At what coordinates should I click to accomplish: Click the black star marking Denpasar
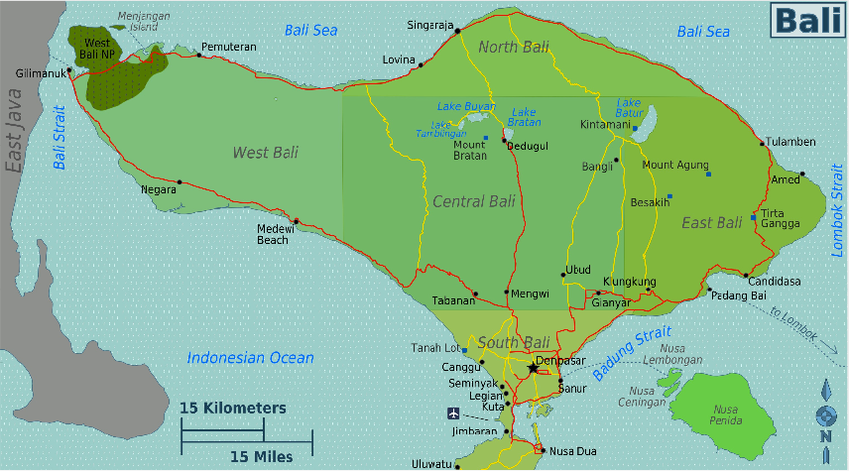(x=533, y=368)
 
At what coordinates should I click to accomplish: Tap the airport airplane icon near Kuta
(x=453, y=412)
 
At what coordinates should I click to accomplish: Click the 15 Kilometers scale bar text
(x=233, y=408)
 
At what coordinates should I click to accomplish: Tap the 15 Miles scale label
(x=262, y=456)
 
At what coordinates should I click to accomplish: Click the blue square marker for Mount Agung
(x=708, y=175)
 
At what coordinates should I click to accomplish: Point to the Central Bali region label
(x=473, y=202)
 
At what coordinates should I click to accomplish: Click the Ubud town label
(x=578, y=270)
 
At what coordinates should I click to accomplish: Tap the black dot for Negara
(x=180, y=182)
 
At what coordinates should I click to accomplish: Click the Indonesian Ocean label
(x=250, y=358)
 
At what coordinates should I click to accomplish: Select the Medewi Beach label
(x=273, y=233)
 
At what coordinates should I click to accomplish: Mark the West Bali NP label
(x=97, y=49)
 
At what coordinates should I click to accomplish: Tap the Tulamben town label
(x=791, y=142)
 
